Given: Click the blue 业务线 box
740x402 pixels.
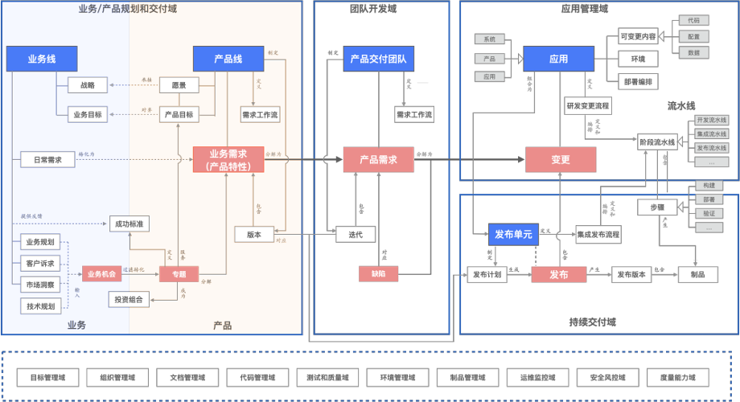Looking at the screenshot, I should point(42,59).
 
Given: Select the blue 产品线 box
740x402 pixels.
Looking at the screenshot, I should point(228,59).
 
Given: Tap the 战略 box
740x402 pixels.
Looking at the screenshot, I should point(87,85).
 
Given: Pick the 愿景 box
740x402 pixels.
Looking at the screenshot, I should point(179,85).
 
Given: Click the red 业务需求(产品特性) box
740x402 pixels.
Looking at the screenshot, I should point(228,160).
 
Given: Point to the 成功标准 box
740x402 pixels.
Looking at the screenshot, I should point(130,224).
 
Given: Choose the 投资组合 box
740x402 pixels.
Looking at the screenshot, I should point(130,299).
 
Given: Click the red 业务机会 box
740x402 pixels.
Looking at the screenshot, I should point(101,274).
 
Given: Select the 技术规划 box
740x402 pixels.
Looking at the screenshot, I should point(40,306).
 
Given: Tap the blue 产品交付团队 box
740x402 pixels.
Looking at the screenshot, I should point(377,59).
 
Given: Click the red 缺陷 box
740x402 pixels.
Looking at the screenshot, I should point(378,274).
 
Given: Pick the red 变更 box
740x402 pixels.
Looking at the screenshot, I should point(560,160).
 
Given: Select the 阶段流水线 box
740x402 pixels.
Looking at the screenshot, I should point(657,142).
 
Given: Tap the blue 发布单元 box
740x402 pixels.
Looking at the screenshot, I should point(512,235).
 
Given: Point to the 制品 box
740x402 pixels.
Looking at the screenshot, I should point(697,274).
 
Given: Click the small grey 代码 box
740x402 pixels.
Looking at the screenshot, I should point(693,20).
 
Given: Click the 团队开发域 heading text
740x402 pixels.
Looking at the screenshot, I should point(373,9).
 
